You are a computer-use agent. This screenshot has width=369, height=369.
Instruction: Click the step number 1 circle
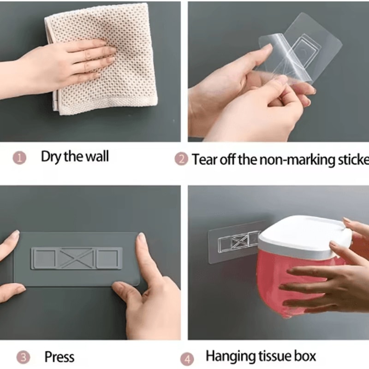tap(19, 158)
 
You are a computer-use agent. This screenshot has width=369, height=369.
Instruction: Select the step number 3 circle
tap(23, 357)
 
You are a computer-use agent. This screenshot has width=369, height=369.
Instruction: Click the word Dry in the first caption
tap(51, 156)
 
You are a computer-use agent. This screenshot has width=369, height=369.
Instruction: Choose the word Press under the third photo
tap(60, 357)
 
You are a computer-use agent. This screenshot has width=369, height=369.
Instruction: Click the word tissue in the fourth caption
tap(273, 357)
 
